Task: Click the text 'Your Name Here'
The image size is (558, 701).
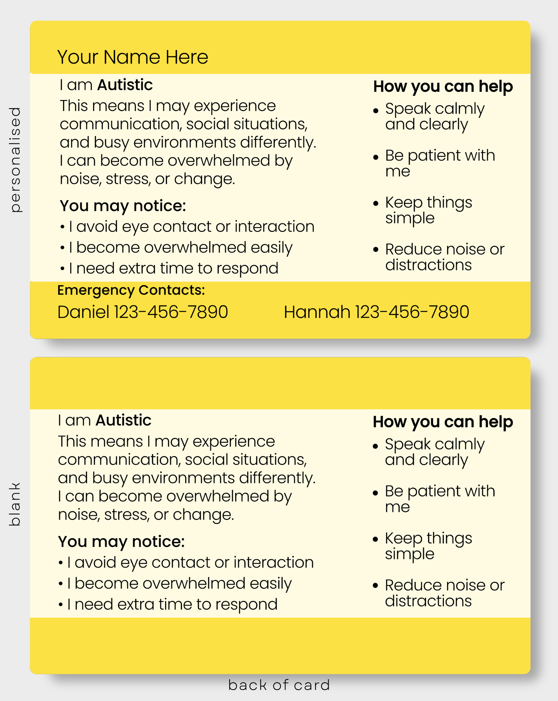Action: pyautogui.click(x=133, y=57)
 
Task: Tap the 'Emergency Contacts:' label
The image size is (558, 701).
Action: pyautogui.click(x=131, y=291)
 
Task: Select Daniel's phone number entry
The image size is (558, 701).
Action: pyautogui.click(x=143, y=312)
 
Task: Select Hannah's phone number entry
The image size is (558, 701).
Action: pyautogui.click(x=376, y=312)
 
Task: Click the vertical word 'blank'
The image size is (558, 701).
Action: pyautogui.click(x=15, y=504)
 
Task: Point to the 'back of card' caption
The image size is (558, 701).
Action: pyautogui.click(x=279, y=685)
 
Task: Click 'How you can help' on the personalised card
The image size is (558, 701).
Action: pyautogui.click(x=443, y=87)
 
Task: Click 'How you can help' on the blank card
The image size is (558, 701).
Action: pyautogui.click(x=443, y=422)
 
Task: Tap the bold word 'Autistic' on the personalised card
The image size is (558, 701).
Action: pyautogui.click(x=125, y=85)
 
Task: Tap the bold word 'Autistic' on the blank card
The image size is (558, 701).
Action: pyautogui.click(x=123, y=420)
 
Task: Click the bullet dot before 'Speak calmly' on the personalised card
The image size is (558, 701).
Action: pyautogui.click(x=376, y=111)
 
